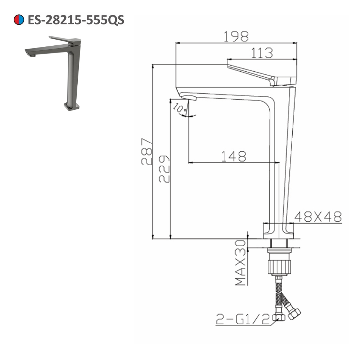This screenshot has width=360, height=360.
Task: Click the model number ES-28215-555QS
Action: click(76, 20)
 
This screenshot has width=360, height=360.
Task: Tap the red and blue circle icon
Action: click(19, 20)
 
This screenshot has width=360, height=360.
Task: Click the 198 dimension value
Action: click(236, 36)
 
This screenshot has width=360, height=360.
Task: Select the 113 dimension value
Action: click(262, 53)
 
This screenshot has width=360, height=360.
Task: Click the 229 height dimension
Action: click(164, 169)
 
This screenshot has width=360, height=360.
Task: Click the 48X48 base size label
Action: click(318, 216)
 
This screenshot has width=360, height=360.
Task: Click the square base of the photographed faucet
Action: click(72, 107)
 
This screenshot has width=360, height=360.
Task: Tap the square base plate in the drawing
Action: click(279, 230)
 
